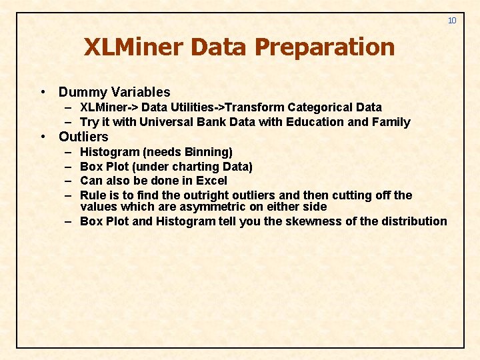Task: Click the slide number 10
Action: pyautogui.click(x=452, y=21)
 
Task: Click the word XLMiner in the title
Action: pyautogui.click(x=133, y=47)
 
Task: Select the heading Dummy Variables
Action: pyautogui.click(x=114, y=92)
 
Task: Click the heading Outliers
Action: pyautogui.click(x=83, y=137)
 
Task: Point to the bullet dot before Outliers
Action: pyautogui.click(x=43, y=137)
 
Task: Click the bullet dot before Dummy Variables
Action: pyautogui.click(x=43, y=92)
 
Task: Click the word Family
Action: pyautogui.click(x=391, y=122)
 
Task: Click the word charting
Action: pyautogui.click(x=192, y=167)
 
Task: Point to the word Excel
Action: pyautogui.click(x=211, y=181)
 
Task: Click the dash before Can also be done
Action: pyautogui.click(x=69, y=181)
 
